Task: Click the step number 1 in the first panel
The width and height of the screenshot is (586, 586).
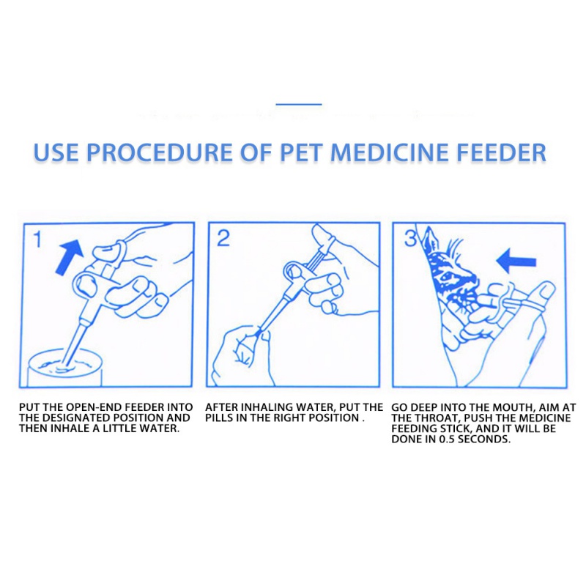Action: (x=37, y=240)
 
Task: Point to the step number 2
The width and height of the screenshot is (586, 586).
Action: (x=223, y=238)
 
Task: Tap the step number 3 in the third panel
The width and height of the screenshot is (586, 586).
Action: (x=410, y=239)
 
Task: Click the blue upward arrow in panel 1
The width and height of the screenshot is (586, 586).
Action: (x=70, y=257)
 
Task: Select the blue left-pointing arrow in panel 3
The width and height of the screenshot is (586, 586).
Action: (x=516, y=262)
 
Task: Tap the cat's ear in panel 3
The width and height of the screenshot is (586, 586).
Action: (x=429, y=240)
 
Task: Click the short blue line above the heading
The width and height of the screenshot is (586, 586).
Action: (x=299, y=104)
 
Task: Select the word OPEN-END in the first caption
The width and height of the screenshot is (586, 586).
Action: (x=94, y=407)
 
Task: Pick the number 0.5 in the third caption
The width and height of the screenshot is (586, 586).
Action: (x=447, y=439)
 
